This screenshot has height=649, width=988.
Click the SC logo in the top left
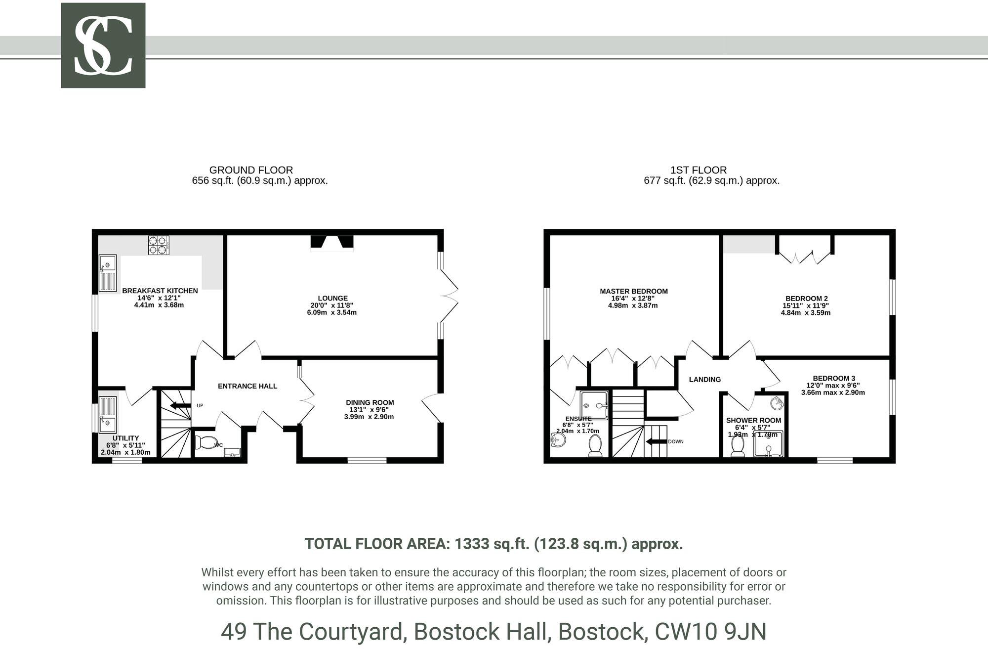[x=103, y=45]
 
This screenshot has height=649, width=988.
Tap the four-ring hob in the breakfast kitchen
[x=159, y=245]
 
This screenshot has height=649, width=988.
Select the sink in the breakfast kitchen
[x=108, y=273]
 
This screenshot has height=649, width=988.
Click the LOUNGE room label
[x=332, y=298]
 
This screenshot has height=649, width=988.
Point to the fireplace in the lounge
[x=332, y=242]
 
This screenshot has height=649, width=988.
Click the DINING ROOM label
[x=370, y=402]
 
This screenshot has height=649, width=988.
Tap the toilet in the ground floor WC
[x=206, y=442]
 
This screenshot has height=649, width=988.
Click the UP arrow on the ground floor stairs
[x=180, y=406]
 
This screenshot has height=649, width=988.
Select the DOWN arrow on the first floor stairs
[x=656, y=441]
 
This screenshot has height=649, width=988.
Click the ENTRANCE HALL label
[x=247, y=386]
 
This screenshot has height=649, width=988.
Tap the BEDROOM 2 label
[x=806, y=298]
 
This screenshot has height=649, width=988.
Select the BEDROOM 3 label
[x=834, y=378]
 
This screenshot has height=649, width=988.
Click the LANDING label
[x=705, y=380]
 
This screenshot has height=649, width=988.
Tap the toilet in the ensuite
[x=595, y=446]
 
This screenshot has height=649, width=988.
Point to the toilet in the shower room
[x=738, y=446]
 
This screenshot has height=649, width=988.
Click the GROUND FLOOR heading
[x=251, y=170]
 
